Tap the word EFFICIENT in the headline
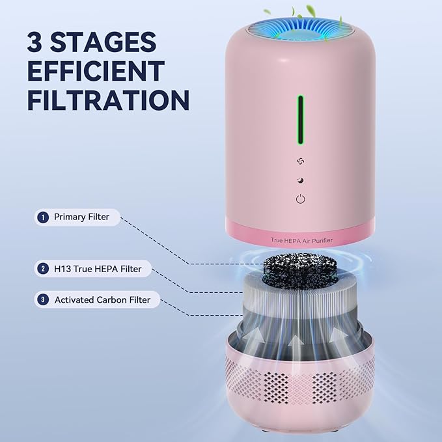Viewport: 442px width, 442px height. [96, 72]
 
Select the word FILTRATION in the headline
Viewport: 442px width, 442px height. [108, 101]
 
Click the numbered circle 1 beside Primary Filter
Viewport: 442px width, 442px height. [44, 217]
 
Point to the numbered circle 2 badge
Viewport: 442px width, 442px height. [44, 268]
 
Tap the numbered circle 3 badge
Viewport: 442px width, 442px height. [44, 300]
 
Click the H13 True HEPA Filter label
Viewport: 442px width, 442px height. [98, 268]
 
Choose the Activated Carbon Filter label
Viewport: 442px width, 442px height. [102, 300]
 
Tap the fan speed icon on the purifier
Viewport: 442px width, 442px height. [300, 161]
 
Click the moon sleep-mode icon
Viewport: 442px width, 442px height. [300, 180]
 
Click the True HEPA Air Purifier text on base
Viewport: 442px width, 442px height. [300, 240]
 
